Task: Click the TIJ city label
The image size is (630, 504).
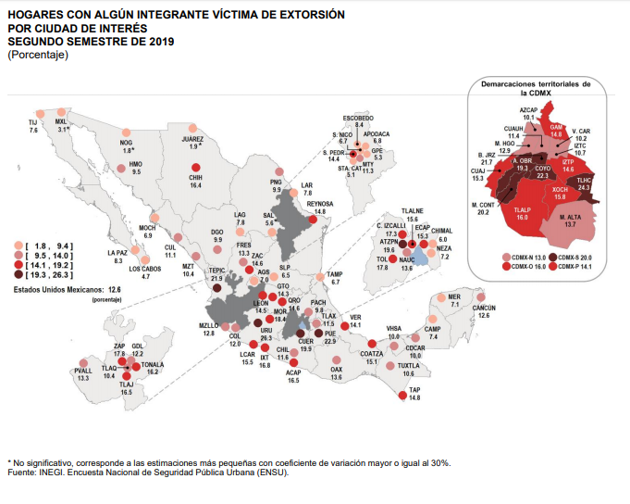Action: point(33,122)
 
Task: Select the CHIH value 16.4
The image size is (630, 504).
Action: point(196,185)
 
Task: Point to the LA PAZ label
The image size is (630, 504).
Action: point(117,252)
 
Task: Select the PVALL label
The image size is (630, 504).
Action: point(82,371)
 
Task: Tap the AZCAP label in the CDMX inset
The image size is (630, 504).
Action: point(529,109)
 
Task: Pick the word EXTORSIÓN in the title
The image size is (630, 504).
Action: point(278,16)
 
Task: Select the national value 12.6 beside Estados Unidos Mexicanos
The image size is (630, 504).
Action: point(115,289)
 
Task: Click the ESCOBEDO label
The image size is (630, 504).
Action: point(359,118)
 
